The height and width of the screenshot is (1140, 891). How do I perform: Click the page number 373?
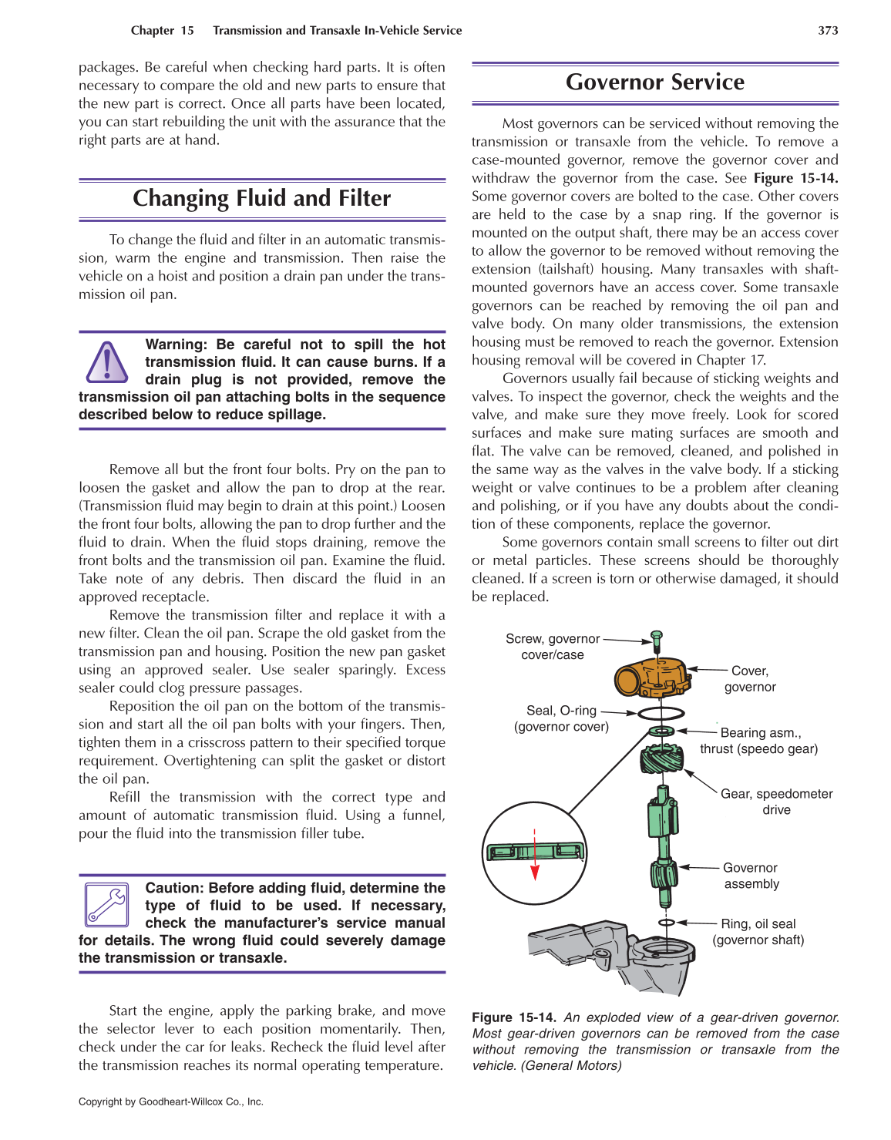(x=828, y=31)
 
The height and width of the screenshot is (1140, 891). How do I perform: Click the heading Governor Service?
(x=654, y=82)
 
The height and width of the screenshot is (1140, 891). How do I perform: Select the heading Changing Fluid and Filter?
(x=261, y=199)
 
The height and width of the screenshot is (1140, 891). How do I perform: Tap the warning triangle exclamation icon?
(x=107, y=362)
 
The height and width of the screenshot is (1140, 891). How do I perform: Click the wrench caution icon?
(x=107, y=905)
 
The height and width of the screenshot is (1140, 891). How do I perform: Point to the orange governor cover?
(x=651, y=677)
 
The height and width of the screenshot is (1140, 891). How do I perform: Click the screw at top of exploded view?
(x=657, y=641)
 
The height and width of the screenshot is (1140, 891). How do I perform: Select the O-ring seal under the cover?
(x=661, y=713)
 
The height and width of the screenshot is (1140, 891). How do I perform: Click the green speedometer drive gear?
(x=661, y=759)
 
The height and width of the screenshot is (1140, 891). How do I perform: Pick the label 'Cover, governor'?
(x=749, y=679)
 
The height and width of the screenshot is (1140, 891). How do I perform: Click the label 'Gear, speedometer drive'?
(x=776, y=802)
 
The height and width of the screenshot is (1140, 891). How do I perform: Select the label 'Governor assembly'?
(x=751, y=876)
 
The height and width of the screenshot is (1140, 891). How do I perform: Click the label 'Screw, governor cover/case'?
(x=552, y=647)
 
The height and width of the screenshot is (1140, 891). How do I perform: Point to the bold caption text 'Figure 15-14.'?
(x=513, y=1017)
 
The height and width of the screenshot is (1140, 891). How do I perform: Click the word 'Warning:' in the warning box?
(x=177, y=345)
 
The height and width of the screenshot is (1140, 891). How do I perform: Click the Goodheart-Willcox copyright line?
(x=171, y=1101)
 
